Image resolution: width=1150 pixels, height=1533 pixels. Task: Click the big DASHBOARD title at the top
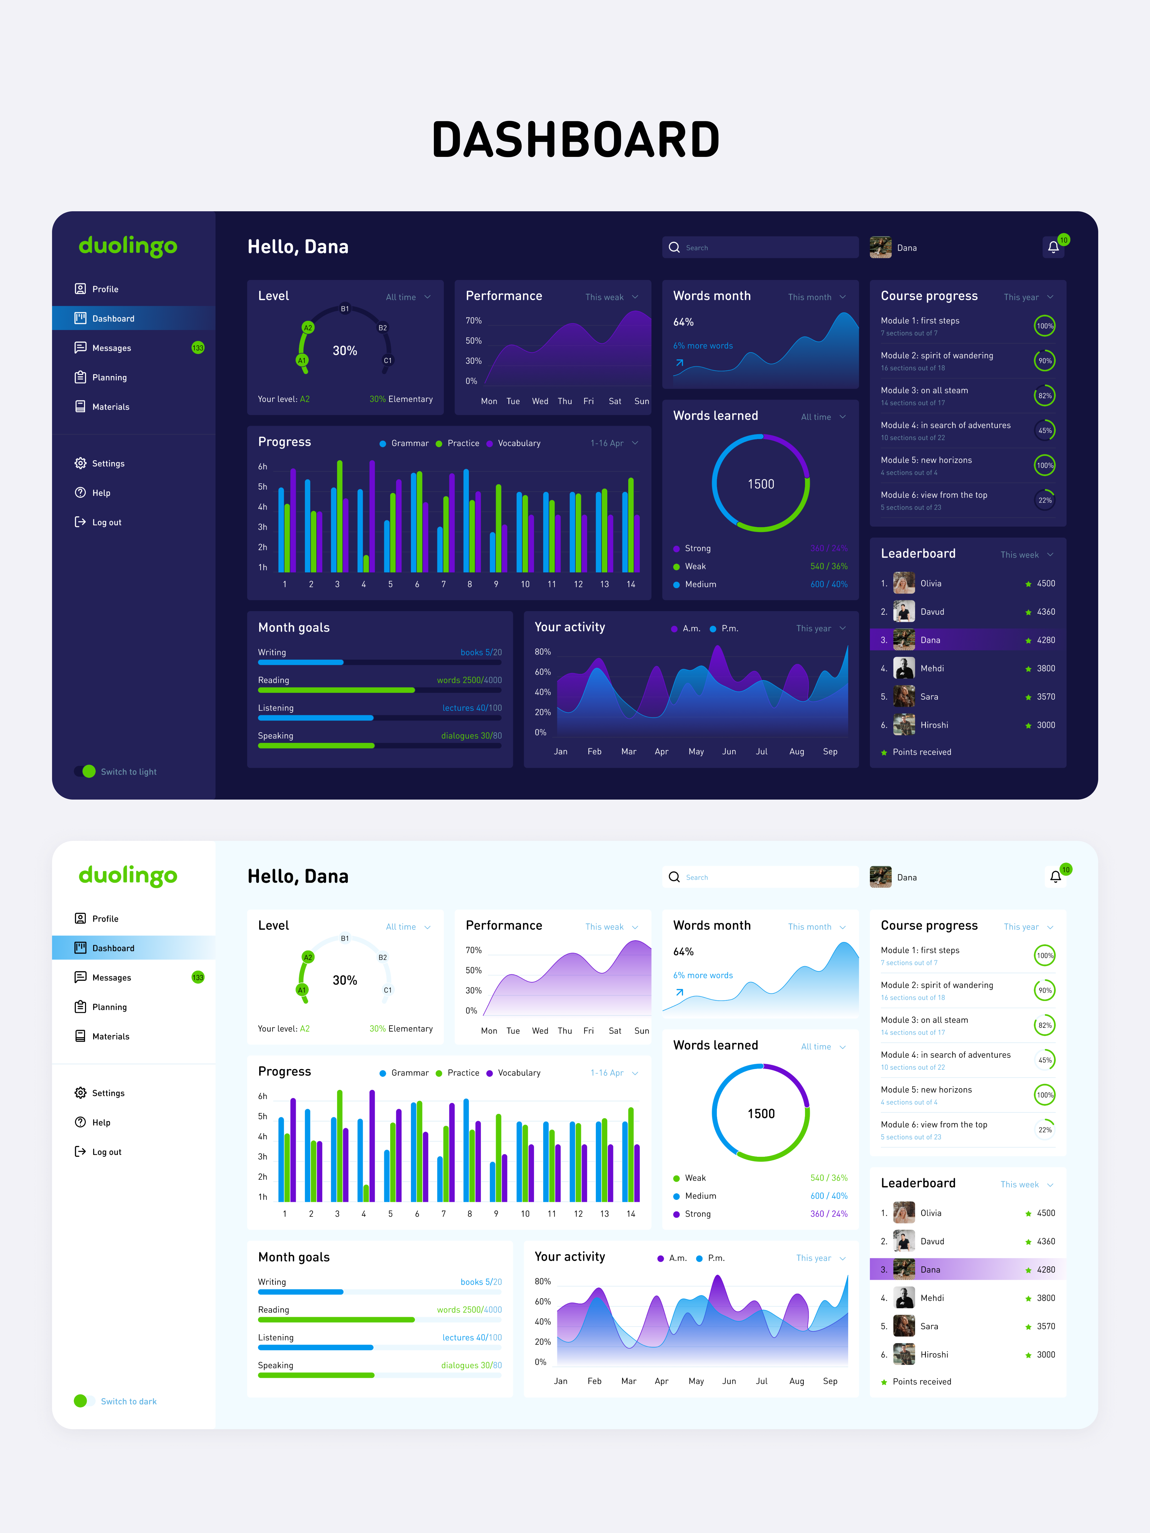[575, 139]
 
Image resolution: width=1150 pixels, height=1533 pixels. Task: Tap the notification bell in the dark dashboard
[1053, 247]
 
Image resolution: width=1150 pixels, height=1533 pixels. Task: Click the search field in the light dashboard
[760, 877]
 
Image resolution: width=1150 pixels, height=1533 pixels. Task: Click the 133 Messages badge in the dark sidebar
[197, 348]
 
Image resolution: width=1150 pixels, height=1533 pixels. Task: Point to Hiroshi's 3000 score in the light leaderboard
[1045, 1354]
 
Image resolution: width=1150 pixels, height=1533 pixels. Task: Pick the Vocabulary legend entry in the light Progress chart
[514, 1073]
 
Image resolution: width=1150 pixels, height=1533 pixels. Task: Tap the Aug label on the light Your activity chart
[796, 1381]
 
